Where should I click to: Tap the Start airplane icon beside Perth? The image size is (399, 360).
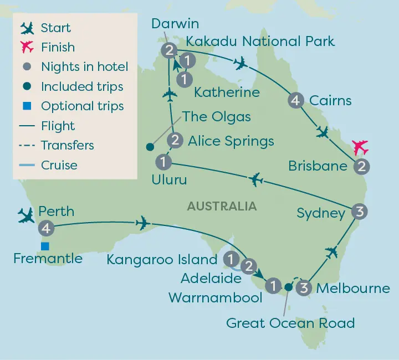click(26, 215)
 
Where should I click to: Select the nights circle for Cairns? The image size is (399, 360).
click(295, 100)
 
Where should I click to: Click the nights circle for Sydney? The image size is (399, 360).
click(359, 212)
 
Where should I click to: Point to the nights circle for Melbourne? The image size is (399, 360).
click(303, 287)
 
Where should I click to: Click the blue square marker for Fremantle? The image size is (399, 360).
click(45, 246)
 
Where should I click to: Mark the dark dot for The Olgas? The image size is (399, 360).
click(149, 147)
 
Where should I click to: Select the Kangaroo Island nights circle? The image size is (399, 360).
click(230, 258)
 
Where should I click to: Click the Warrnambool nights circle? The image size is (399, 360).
click(272, 286)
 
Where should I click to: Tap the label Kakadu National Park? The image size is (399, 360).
click(260, 41)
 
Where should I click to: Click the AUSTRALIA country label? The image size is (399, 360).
click(222, 207)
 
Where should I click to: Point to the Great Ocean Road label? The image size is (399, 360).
click(290, 323)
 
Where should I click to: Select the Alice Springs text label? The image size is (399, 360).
click(231, 141)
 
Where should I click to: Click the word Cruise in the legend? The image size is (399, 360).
click(59, 165)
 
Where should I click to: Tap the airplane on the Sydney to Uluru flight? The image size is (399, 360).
click(255, 179)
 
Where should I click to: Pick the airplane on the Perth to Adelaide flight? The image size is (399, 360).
click(143, 223)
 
